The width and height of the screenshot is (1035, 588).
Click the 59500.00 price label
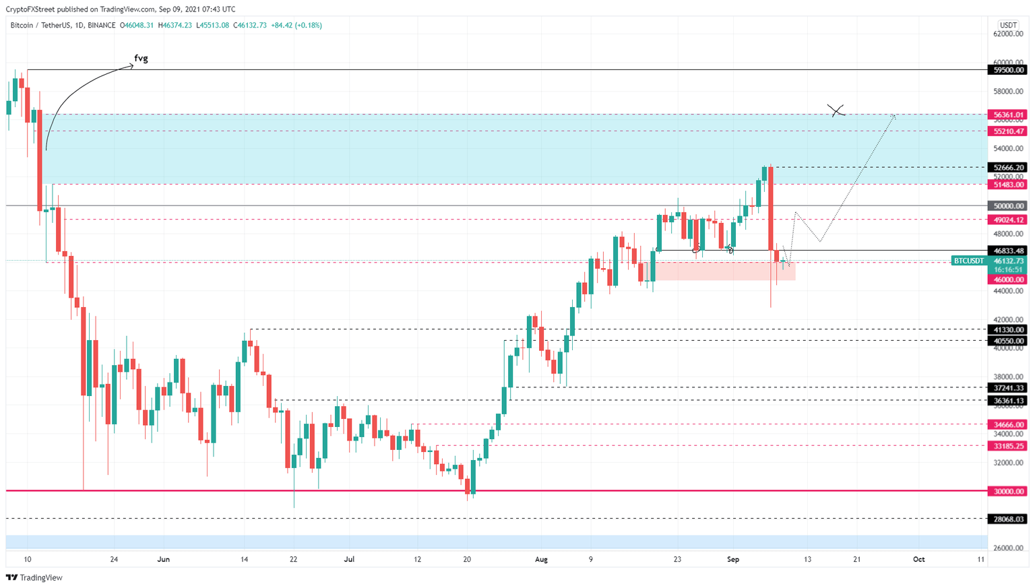click(1007, 70)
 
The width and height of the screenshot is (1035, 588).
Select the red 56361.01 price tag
click(1007, 115)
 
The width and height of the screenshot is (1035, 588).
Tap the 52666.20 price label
click(1007, 168)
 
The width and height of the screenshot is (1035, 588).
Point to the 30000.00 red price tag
click(1007, 492)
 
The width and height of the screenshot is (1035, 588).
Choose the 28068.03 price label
click(1007, 519)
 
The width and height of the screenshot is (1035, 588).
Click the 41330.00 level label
click(1007, 330)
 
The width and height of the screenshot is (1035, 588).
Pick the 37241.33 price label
click(1007, 388)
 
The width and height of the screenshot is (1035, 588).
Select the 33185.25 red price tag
click(1007, 446)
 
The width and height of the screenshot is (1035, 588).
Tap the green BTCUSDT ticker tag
click(968, 261)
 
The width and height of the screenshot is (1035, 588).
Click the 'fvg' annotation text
click(141, 59)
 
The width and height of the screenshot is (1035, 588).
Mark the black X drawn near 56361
click(836, 110)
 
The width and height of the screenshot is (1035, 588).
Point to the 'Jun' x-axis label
click(163, 559)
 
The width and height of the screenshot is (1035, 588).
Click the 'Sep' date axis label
click(733, 559)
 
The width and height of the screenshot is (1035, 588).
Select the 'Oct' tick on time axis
click(918, 559)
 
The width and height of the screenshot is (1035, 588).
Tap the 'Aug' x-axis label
click(541, 559)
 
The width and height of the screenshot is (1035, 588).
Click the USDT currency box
click(1008, 26)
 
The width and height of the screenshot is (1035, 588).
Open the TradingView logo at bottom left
click(34, 577)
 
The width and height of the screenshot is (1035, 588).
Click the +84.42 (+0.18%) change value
click(296, 26)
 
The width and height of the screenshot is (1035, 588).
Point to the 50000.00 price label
click(1007, 206)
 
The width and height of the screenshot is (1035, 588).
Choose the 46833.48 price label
click(1007, 251)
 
